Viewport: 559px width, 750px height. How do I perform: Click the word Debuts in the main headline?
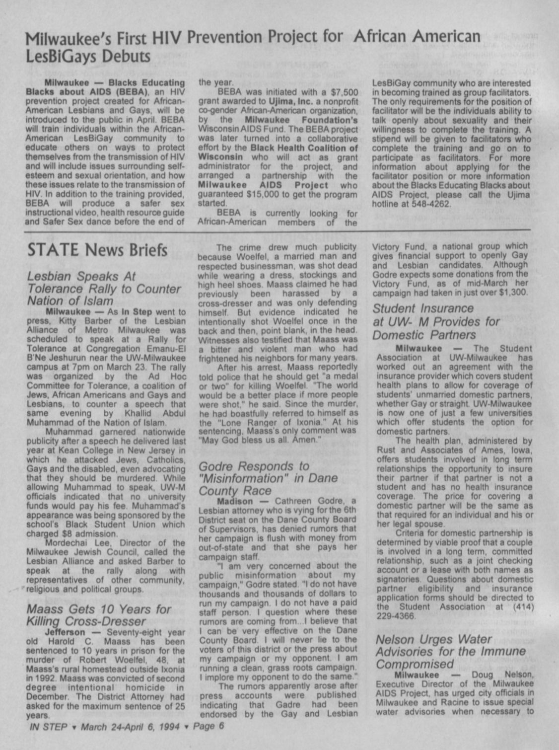pos(126,57)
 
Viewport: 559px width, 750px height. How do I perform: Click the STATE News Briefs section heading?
pos(97,250)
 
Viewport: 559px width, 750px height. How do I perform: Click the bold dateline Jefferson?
pos(65,632)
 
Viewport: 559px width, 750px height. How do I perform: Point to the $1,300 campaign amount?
pos(511,292)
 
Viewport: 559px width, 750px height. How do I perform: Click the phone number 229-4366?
pos(396,616)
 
